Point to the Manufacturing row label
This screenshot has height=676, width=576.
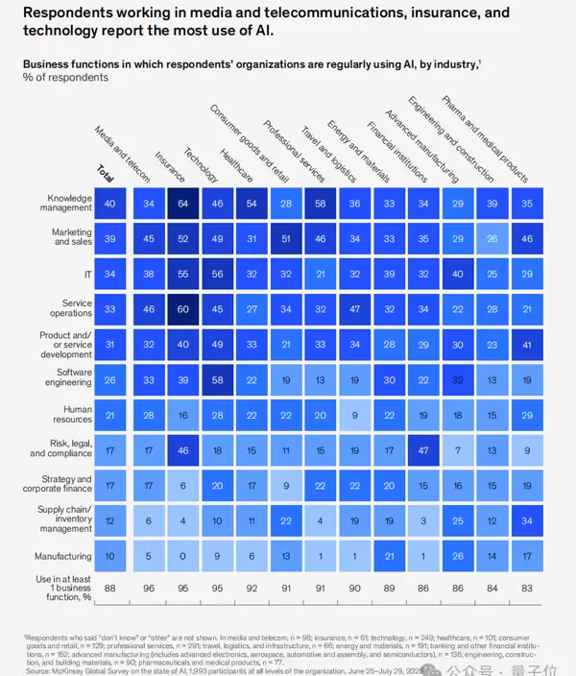pyautogui.click(x=63, y=556)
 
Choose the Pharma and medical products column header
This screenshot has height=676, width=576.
pyautogui.click(x=484, y=136)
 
